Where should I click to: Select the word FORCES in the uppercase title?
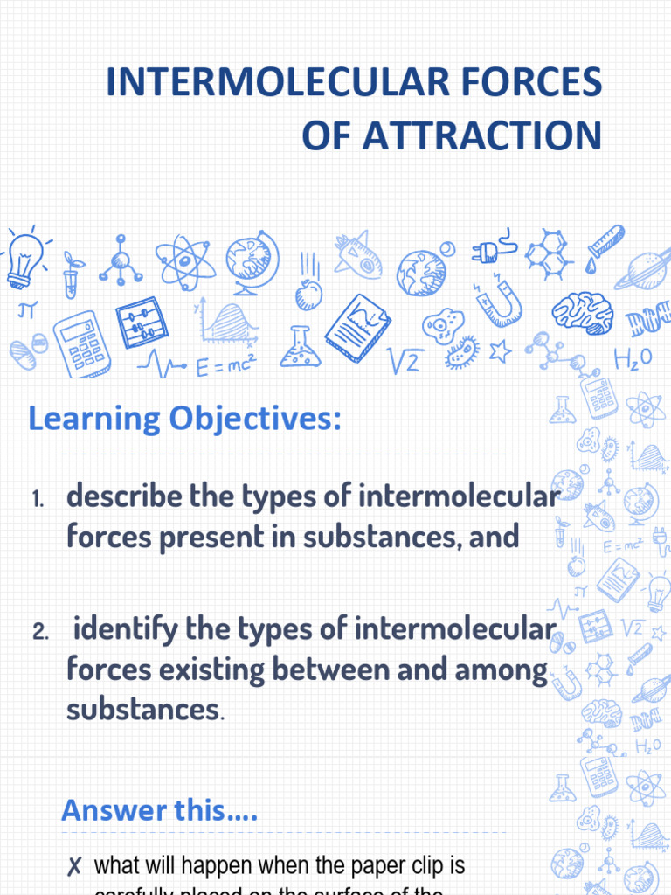545,82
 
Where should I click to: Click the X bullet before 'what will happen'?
75,867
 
